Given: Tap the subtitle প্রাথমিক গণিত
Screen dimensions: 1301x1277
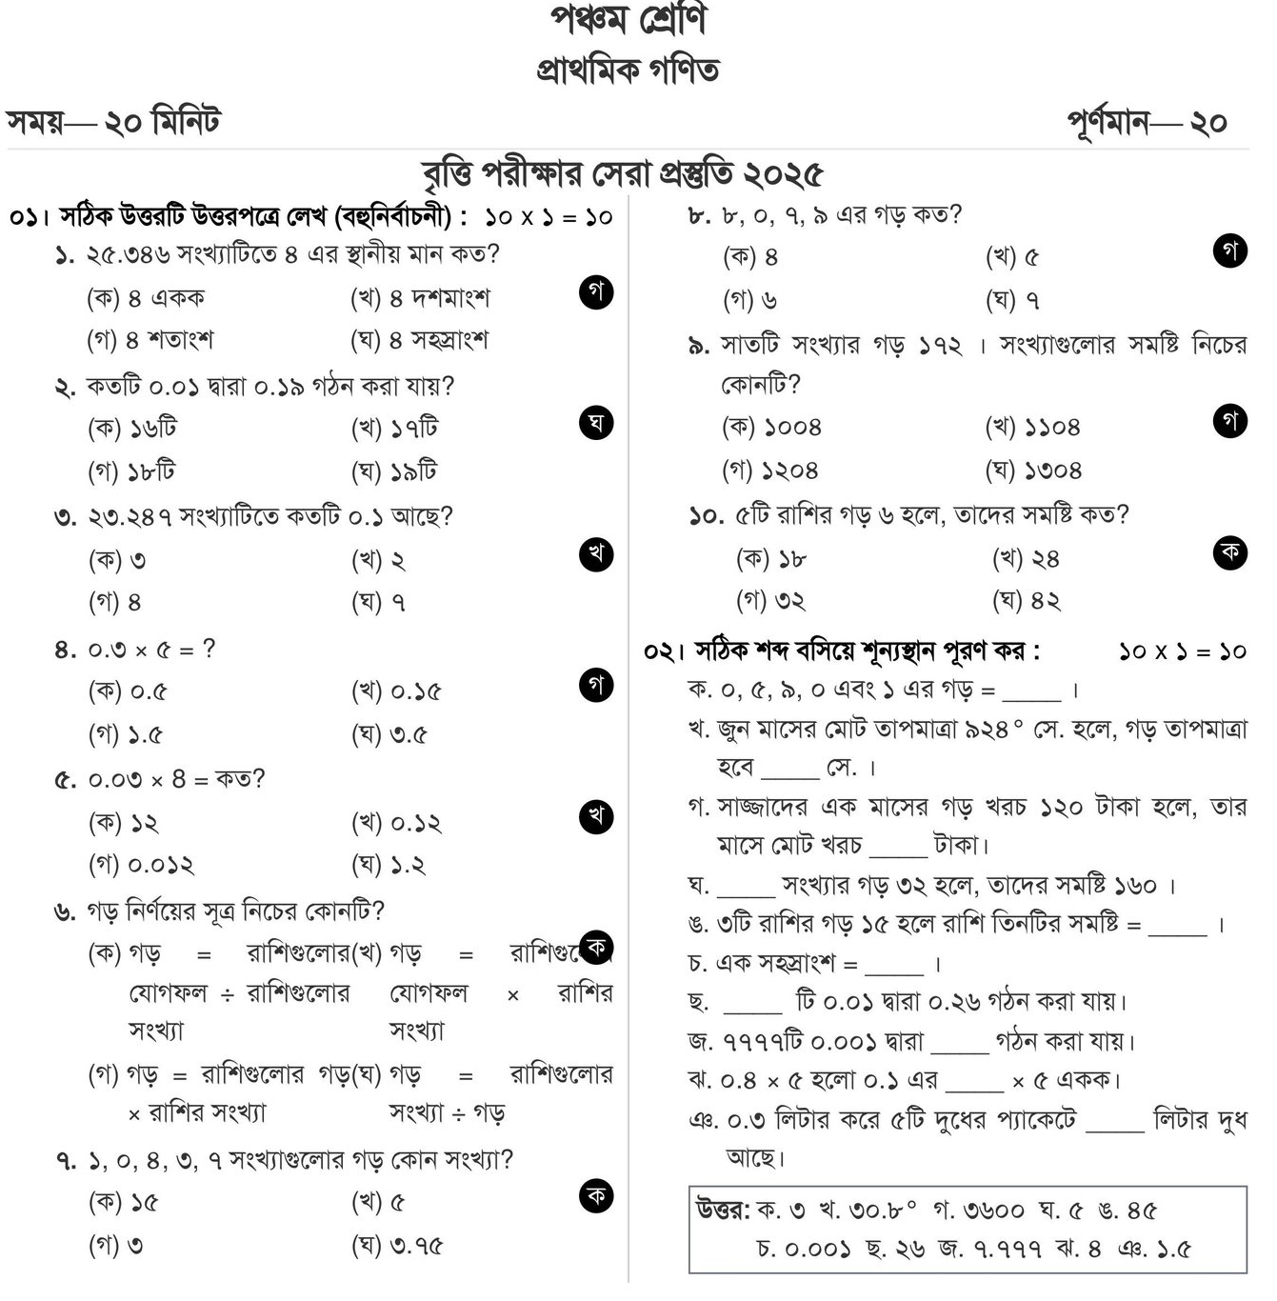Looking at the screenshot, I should click(x=629, y=70).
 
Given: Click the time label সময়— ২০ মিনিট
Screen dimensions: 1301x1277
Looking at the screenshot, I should click(x=113, y=122).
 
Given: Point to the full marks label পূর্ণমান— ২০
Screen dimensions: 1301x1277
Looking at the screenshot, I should click(x=1147, y=123).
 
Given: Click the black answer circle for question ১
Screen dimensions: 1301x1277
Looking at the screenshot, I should click(x=596, y=292).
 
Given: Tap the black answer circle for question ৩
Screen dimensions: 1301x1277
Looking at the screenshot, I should click(x=596, y=553).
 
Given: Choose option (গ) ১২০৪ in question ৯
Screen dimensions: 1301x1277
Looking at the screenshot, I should click(x=770, y=470).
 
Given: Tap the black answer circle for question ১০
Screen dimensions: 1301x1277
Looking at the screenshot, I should click(x=1230, y=551).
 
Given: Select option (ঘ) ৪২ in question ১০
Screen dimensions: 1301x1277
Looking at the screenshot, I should click(x=1027, y=601).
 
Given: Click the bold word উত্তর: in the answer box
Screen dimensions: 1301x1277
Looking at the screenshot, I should click(x=724, y=1210).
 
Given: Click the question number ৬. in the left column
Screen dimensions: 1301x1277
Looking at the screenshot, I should click(x=65, y=912).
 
